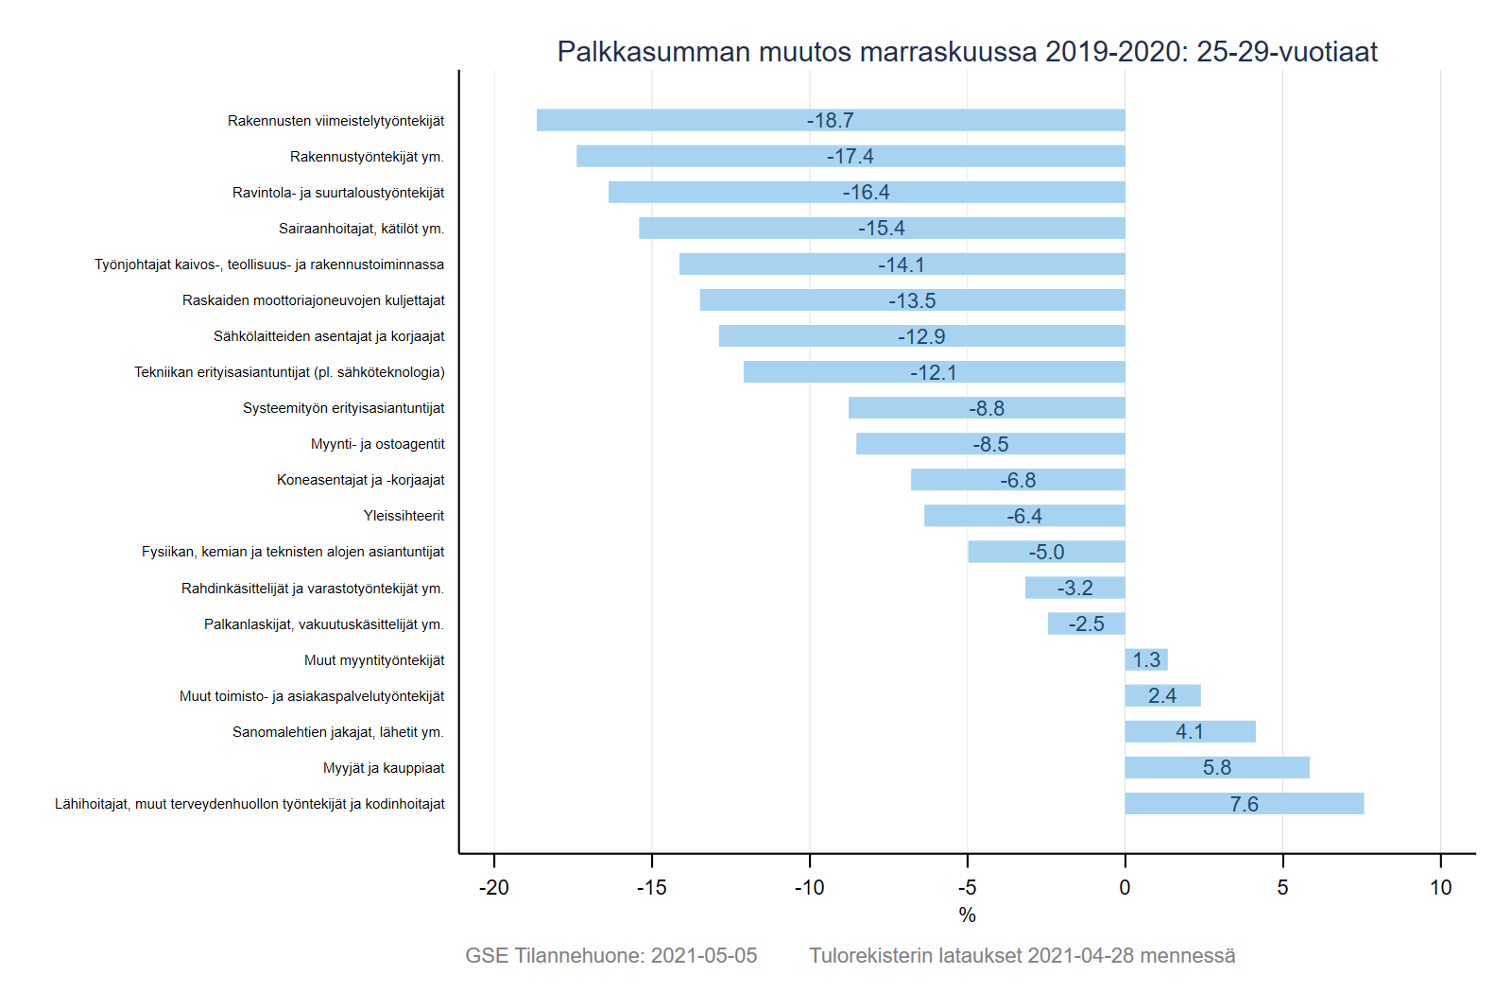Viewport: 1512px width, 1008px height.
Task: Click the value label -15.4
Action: point(881,229)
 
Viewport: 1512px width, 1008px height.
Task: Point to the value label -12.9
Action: point(920,336)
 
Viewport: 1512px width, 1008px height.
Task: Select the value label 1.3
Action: point(1146,660)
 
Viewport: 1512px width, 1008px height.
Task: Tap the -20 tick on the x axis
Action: point(493,887)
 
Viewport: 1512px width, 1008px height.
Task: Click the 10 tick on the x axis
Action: point(1440,887)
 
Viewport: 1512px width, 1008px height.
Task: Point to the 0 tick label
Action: point(1125,887)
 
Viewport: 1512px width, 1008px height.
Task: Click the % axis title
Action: point(967,914)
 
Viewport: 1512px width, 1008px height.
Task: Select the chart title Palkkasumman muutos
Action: point(967,51)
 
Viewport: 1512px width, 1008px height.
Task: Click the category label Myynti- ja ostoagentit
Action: point(377,444)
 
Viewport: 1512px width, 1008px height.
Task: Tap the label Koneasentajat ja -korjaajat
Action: point(360,480)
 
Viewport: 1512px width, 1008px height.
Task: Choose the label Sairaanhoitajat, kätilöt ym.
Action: point(361,229)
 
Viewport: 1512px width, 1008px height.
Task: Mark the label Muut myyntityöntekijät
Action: point(374,660)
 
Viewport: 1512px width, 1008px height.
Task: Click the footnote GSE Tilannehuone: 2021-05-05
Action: point(610,955)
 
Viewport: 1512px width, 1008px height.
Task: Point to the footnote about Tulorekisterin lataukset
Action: point(1022,955)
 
